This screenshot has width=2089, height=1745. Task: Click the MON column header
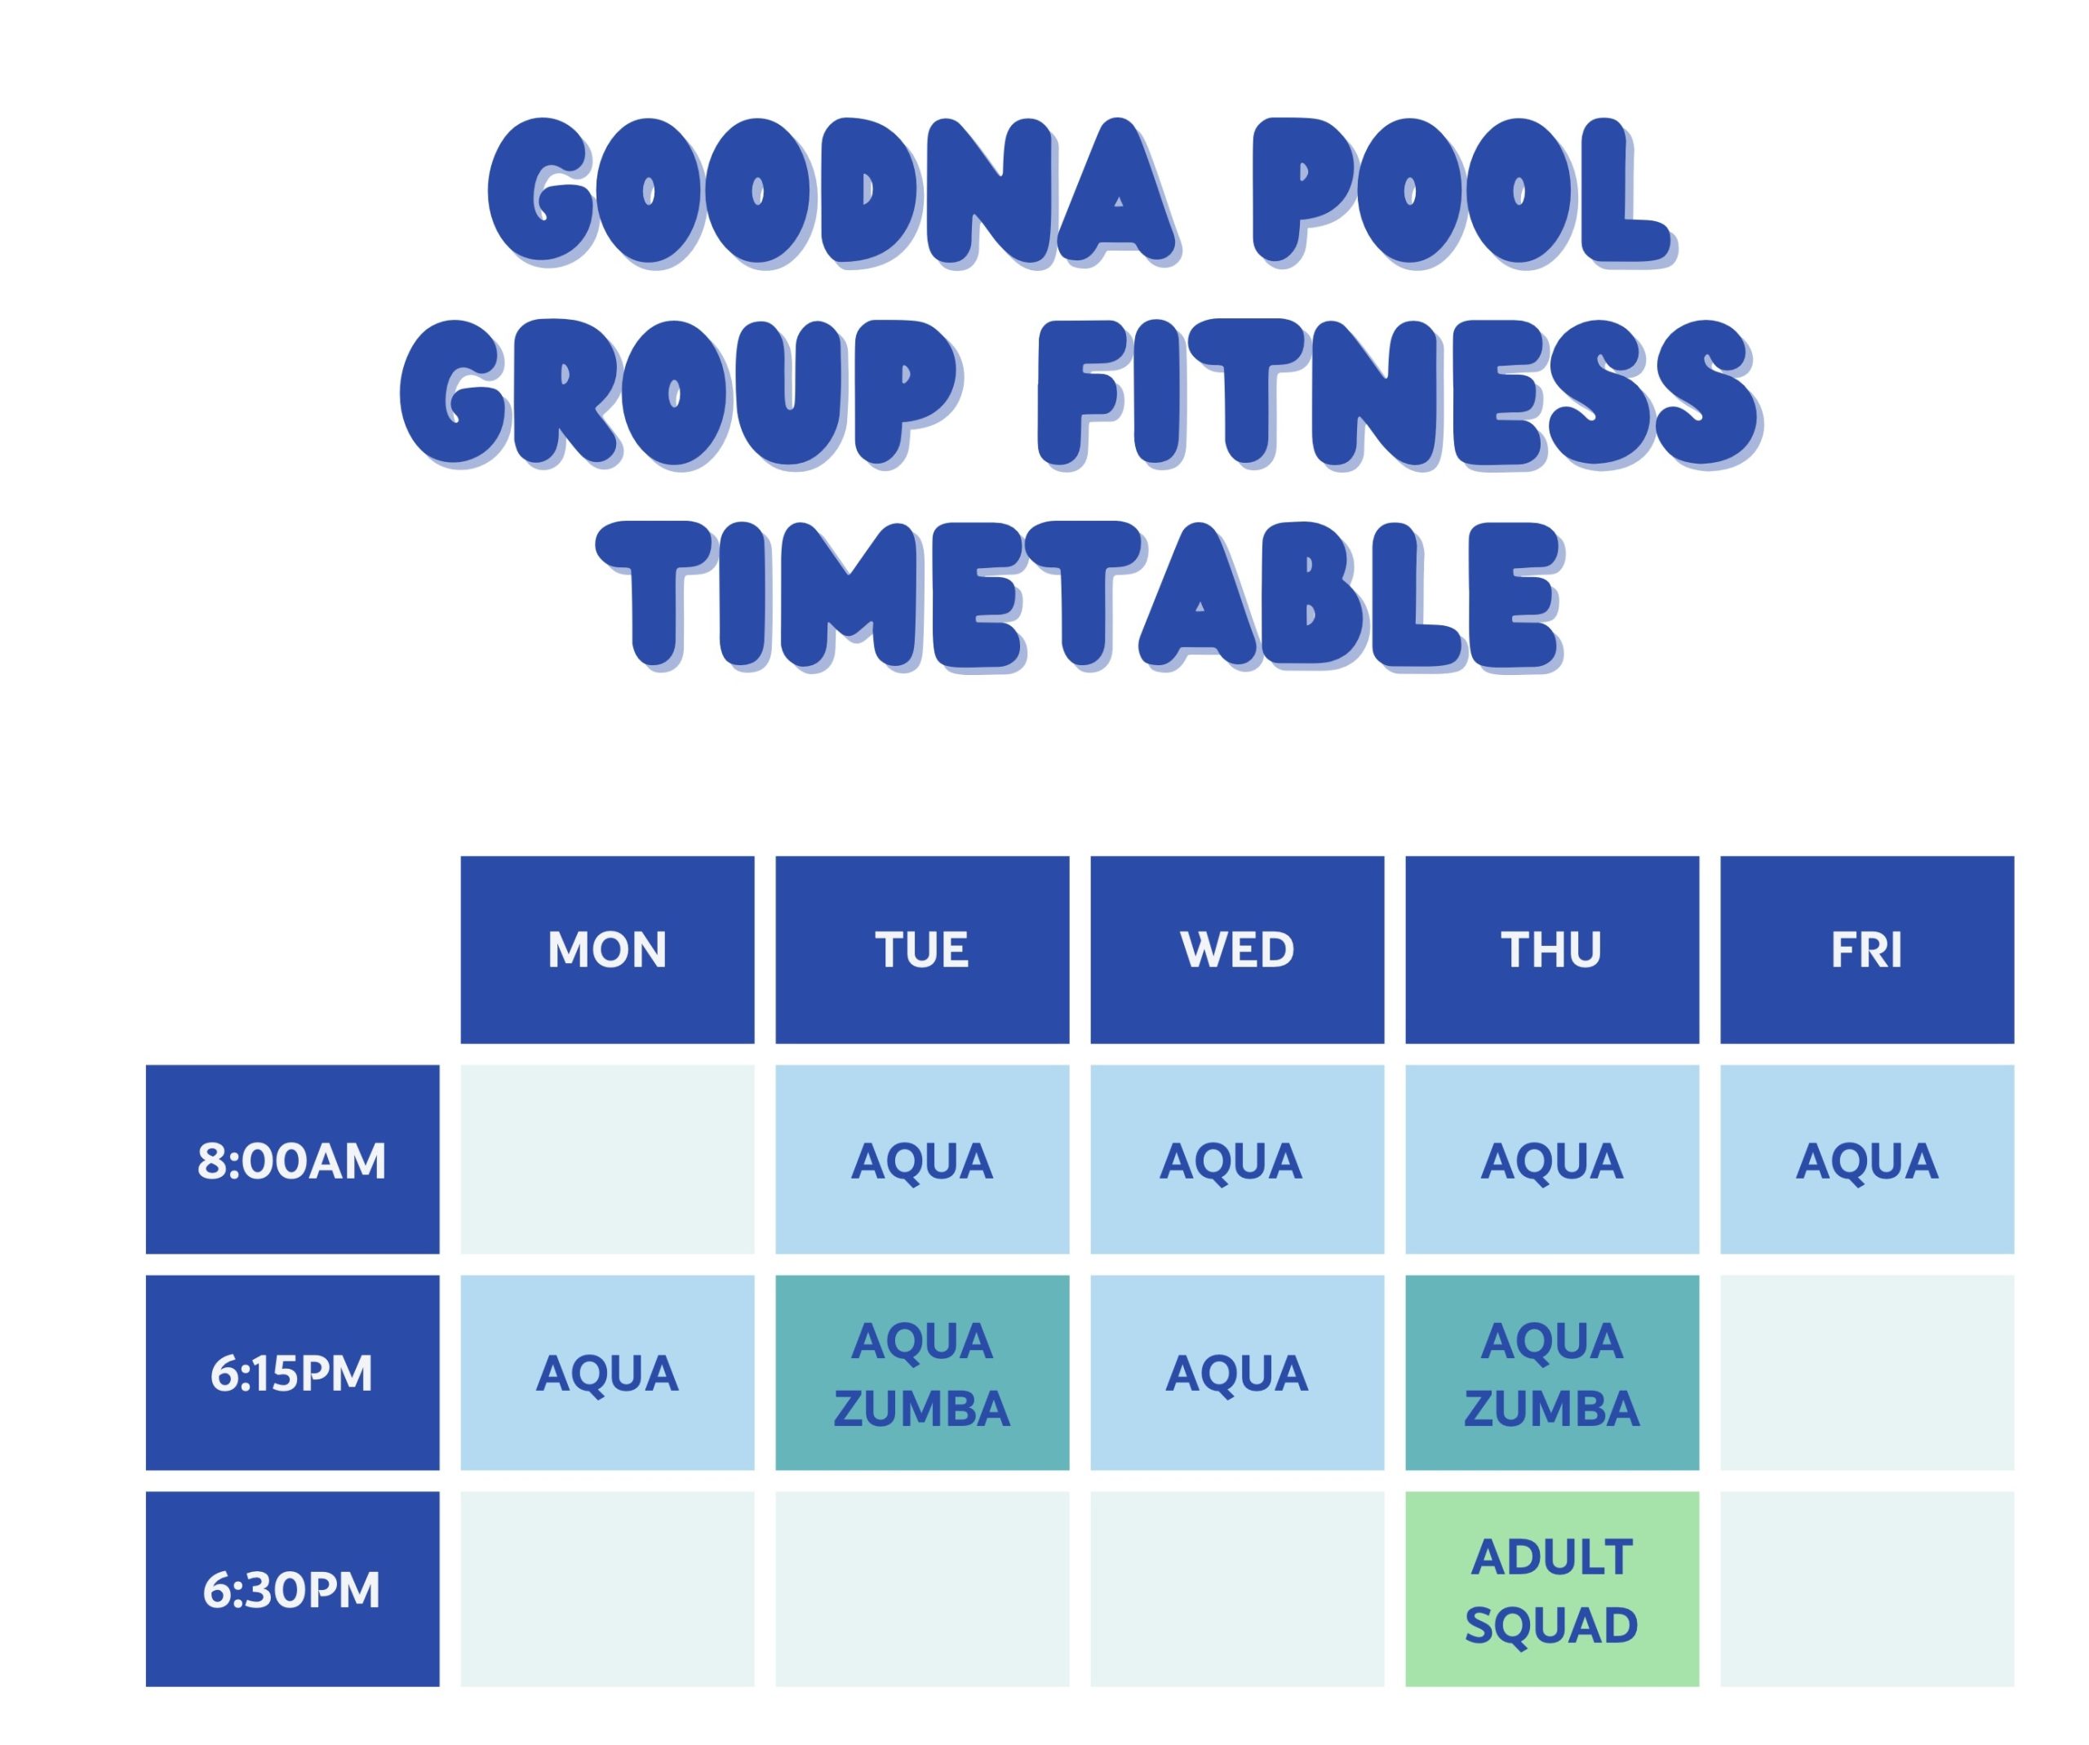(x=607, y=949)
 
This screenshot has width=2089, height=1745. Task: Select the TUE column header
(x=922, y=949)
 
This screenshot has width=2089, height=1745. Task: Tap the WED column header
(x=1236, y=949)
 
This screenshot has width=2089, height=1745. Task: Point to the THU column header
(x=1552, y=949)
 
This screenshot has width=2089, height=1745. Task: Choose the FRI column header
(x=1867, y=949)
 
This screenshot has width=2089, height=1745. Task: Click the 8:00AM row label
(x=292, y=1159)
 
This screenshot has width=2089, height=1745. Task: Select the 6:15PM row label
(x=292, y=1372)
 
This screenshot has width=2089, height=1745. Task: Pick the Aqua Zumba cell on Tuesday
(x=922, y=1372)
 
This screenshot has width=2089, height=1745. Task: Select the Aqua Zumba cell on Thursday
(x=1552, y=1372)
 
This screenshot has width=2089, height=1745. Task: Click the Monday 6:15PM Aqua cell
(x=607, y=1372)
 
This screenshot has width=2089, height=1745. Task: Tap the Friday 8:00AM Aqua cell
(x=1867, y=1159)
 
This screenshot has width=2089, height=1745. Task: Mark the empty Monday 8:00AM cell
(x=607, y=1159)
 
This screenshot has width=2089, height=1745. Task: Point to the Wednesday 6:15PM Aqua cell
(x=1236, y=1372)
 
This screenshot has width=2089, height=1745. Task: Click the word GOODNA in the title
(x=834, y=192)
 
